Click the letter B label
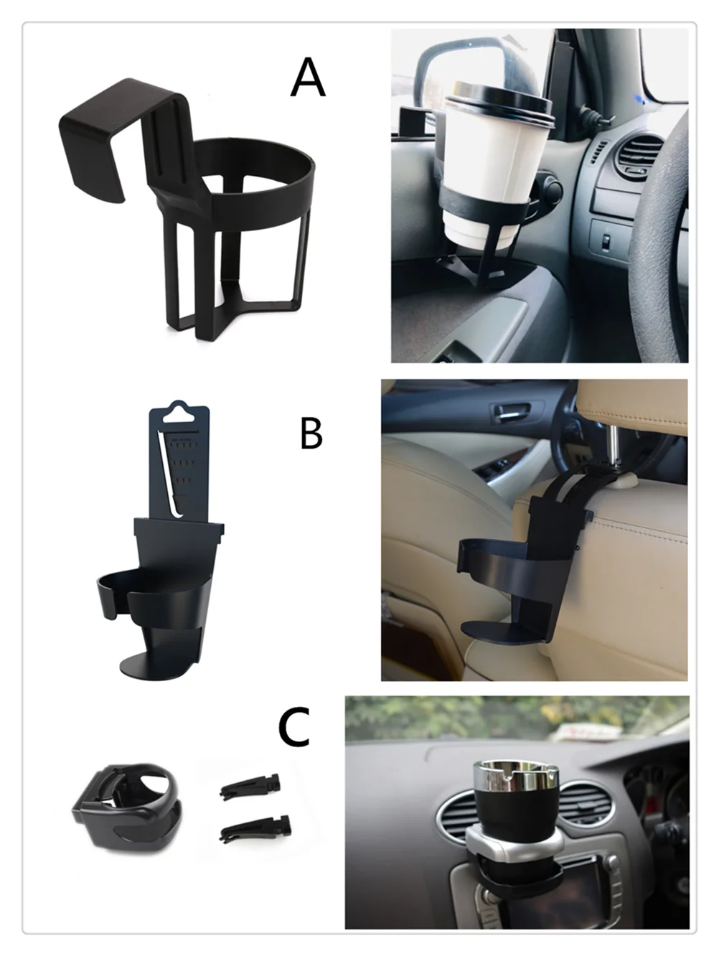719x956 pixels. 311,434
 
